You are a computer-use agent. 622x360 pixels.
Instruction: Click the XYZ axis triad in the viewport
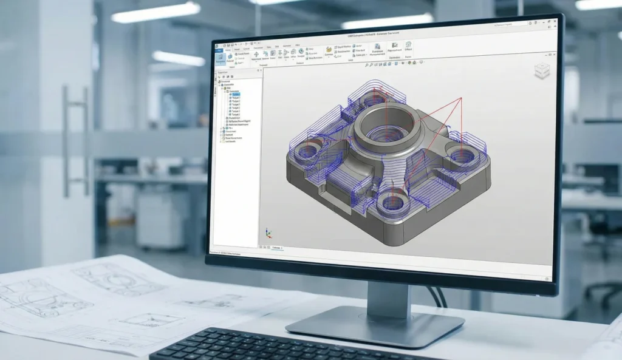[x=268, y=234]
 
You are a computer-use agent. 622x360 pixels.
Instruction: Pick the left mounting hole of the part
[x=310, y=149]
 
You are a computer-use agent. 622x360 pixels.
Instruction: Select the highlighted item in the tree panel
[x=234, y=95]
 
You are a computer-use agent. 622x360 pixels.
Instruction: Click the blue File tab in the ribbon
[x=219, y=50]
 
